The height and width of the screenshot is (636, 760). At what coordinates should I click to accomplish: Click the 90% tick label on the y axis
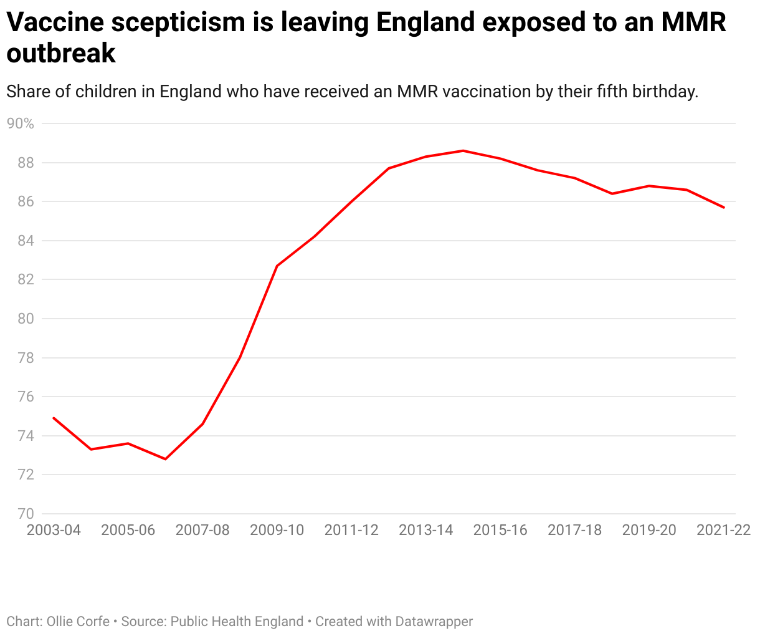coord(20,123)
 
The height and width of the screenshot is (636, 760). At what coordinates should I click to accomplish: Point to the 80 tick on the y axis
coord(26,319)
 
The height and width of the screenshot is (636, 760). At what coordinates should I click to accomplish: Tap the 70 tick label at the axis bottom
coord(26,514)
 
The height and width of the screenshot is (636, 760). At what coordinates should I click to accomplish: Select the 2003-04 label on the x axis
coord(54,530)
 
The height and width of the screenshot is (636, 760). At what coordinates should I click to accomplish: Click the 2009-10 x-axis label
coord(277,530)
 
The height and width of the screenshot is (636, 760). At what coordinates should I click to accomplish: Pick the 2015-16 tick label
coord(500,530)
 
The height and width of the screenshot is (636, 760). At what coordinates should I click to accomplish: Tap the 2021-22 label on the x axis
coord(723,530)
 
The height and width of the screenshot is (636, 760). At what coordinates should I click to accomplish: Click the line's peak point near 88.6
coord(463,150)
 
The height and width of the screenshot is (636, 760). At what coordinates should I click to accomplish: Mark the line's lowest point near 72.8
coord(165,459)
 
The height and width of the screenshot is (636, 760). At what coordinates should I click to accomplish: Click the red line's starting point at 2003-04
coord(54,418)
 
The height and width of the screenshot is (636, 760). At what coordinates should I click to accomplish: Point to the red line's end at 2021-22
coord(724,208)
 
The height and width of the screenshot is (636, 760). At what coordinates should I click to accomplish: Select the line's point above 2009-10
coord(277,266)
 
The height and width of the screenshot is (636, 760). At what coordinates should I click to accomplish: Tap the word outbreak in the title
coord(61,54)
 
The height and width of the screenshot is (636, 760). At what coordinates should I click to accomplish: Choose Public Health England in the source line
coord(237,622)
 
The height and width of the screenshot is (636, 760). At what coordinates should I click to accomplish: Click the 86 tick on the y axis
coord(26,201)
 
